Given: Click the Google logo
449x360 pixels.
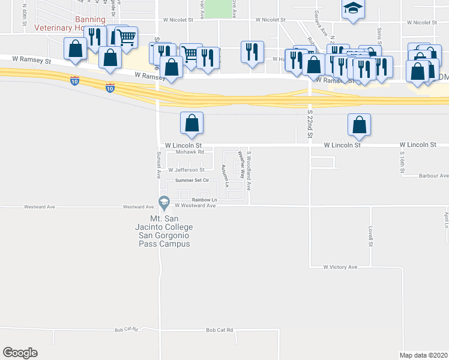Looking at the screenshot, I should click(20, 353).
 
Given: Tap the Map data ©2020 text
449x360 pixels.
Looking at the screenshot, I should click(424, 355).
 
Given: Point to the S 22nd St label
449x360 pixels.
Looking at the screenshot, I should click(310, 123).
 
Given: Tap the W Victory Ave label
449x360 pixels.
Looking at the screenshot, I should click(340, 267).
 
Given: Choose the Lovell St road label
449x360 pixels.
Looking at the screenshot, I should click(371, 236).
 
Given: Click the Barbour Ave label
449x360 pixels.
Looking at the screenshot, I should click(433, 176).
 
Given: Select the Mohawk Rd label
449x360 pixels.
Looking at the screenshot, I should click(190, 152).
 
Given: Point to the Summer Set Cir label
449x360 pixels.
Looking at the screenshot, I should click(192, 180).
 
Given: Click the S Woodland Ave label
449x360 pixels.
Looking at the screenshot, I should click(249, 170).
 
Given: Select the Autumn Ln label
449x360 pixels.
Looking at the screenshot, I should click(226, 175).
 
